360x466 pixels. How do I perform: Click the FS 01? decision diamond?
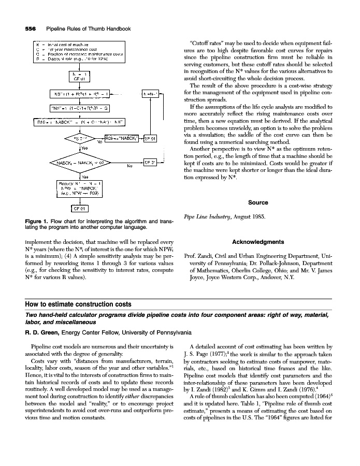pyautogui.click(x=80, y=138)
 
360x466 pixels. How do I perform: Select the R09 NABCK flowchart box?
pyautogui.click(x=122, y=138)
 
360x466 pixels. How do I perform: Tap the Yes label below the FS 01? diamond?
pyautogui.click(x=84, y=149)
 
